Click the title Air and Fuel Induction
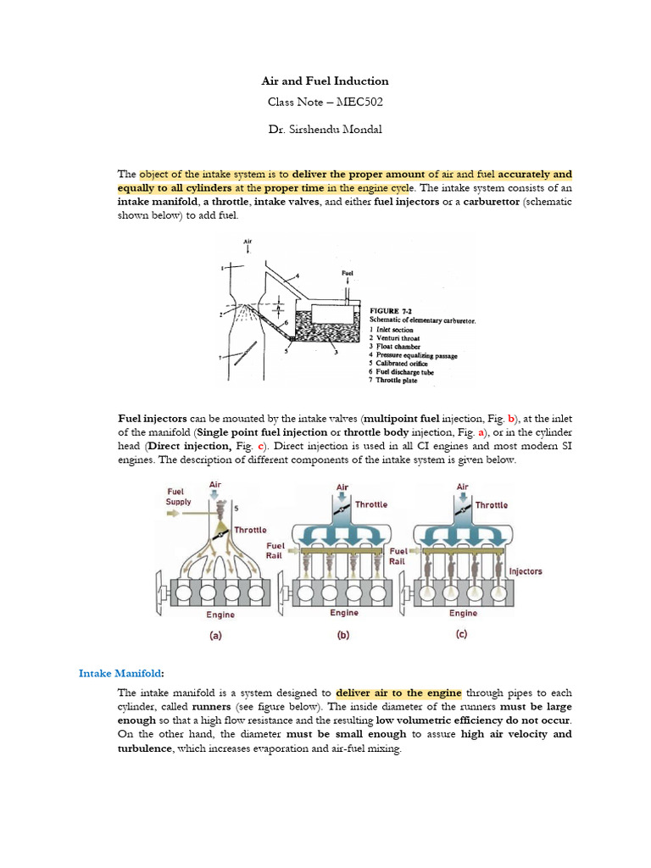click(325, 81)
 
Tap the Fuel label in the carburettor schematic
click(347, 273)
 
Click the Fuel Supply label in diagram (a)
click(180, 495)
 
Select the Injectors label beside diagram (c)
click(526, 571)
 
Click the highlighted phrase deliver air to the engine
click(398, 692)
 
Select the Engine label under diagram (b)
click(344, 613)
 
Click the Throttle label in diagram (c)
click(492, 505)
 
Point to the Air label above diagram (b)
click(342, 487)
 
